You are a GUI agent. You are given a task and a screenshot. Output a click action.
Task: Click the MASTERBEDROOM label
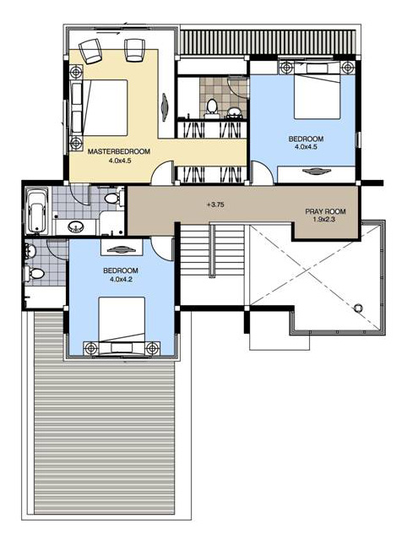coord(119,151)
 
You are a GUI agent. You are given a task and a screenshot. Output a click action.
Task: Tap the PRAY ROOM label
coord(325,211)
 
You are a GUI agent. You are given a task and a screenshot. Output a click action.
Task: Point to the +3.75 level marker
coord(215,205)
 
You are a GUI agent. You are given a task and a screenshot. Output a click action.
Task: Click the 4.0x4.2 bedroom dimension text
coord(121,280)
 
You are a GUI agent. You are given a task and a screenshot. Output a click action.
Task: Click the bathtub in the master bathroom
coord(37,210)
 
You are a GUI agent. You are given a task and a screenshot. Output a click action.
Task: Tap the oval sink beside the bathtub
coord(76,226)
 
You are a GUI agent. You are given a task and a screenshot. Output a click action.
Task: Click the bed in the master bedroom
coord(100,108)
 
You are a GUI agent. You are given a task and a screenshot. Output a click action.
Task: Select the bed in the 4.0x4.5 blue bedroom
coord(317,90)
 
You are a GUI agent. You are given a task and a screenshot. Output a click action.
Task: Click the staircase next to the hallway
coord(212,248)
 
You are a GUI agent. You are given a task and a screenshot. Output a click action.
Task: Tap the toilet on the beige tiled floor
coord(211,107)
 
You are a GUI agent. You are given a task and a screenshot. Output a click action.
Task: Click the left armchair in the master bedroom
coord(90,51)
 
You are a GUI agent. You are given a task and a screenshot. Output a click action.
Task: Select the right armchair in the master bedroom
coord(134,50)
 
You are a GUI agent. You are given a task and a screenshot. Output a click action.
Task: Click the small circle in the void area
coord(358,308)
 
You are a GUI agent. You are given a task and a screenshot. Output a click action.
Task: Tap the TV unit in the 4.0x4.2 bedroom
coord(122,248)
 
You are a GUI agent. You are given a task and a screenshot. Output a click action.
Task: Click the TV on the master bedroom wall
coord(165,107)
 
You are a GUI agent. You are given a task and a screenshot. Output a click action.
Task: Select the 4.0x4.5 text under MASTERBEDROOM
coord(120,160)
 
